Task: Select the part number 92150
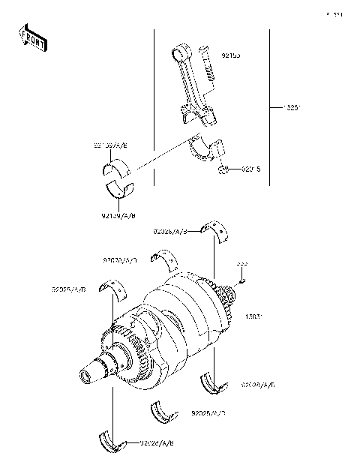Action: coord(229,55)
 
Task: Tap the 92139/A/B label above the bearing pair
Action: coord(111,145)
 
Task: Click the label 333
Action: coord(242,264)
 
